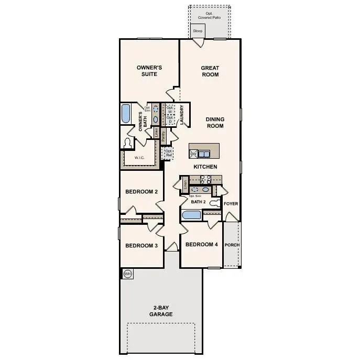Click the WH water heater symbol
tap(127, 274)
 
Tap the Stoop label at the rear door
tap(198, 31)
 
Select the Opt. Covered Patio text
tap(209, 16)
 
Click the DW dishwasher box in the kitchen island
tap(193, 154)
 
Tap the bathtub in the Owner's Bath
tap(126, 114)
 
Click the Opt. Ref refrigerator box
tap(169, 153)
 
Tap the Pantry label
tap(163, 136)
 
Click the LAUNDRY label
tap(181, 115)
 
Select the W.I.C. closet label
tap(139, 157)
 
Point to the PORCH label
tap(232, 245)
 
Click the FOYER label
tap(231, 203)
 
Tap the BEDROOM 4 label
tap(201, 244)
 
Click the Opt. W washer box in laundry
tap(170, 110)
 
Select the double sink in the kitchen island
tap(204, 154)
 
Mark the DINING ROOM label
tap(215, 122)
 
